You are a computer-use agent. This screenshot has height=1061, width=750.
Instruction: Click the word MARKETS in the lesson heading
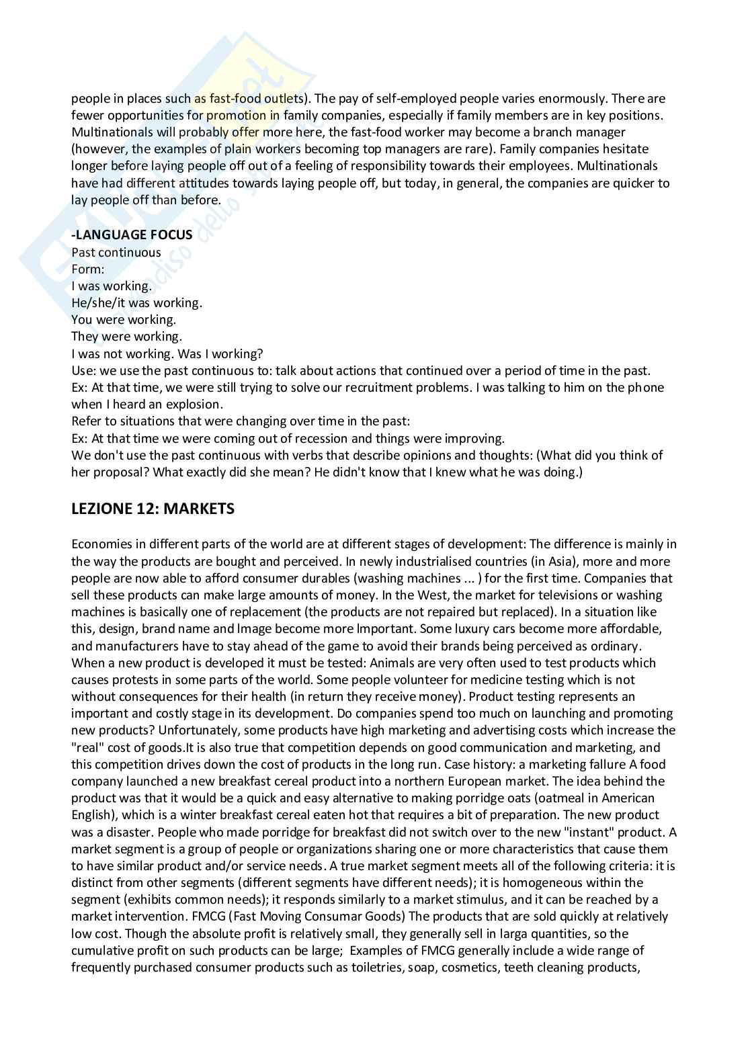tap(199, 509)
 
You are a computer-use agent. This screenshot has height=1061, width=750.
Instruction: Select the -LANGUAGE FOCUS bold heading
tap(132, 235)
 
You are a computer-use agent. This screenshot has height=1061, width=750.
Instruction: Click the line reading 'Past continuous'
tap(116, 252)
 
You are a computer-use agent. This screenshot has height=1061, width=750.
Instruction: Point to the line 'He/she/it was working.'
tap(136, 302)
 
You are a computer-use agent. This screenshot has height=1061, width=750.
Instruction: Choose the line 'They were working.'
tap(126, 336)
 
